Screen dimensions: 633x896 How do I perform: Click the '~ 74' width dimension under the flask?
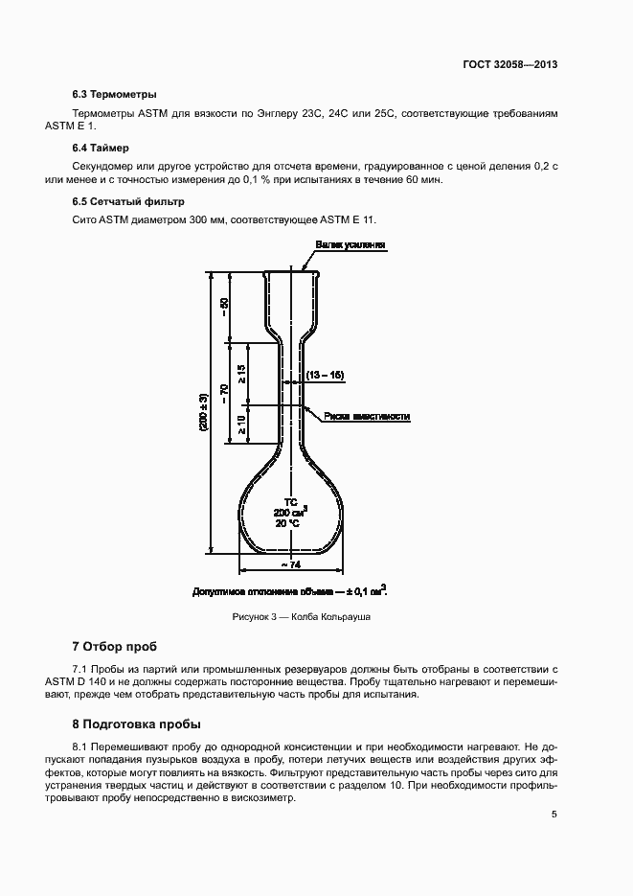coord(291,564)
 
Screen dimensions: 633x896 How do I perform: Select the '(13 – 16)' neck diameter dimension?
coord(325,375)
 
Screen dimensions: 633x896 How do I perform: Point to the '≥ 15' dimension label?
coord(241,374)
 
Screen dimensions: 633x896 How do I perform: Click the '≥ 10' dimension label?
coord(241,425)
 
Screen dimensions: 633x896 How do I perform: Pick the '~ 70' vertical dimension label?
coord(224,394)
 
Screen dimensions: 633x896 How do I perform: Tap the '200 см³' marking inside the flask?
coord(290,512)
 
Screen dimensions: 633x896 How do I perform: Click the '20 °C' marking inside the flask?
coord(287,523)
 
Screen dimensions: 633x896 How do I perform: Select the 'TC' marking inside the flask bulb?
coord(290,502)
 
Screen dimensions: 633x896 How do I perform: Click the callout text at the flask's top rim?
coord(350,244)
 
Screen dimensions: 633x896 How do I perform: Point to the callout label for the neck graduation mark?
coord(367,416)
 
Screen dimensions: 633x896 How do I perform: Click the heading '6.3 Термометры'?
coord(115,94)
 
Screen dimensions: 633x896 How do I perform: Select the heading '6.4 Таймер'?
coord(101,148)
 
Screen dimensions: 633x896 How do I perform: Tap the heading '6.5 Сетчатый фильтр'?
coord(128,201)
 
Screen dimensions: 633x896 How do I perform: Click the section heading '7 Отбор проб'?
coord(115,647)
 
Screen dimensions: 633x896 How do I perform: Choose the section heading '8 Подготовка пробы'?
coord(137,724)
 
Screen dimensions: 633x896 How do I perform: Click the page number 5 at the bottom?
coord(554,815)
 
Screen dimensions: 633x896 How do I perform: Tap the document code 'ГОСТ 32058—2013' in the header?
coord(510,64)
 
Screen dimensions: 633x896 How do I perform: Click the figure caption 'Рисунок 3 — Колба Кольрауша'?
coord(302,617)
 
